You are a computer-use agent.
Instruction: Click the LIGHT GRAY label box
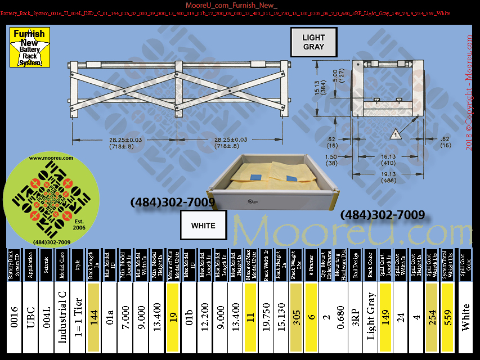tap(313, 42)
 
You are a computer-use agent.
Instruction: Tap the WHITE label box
tap(203, 226)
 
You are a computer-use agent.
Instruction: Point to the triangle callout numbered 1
tap(396, 134)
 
